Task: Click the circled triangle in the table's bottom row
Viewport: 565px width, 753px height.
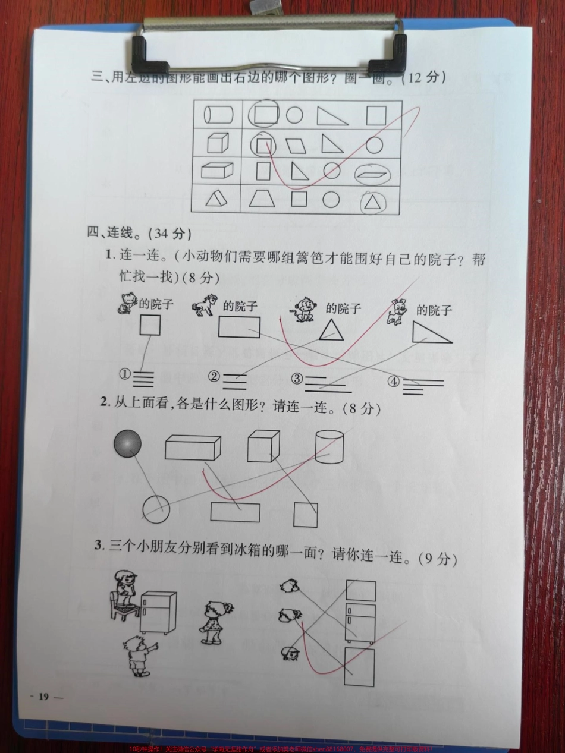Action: (x=373, y=202)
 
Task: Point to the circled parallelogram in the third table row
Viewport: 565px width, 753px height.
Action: (x=373, y=174)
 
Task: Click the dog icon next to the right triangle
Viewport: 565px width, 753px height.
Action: (x=397, y=312)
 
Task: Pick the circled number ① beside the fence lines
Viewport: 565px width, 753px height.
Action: (x=124, y=375)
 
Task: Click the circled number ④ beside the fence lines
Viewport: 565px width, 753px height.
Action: (x=393, y=382)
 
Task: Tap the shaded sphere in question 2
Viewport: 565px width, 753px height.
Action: (x=127, y=443)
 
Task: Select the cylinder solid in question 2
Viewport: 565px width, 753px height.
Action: (x=329, y=447)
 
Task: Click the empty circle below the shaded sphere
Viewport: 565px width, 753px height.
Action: (x=156, y=509)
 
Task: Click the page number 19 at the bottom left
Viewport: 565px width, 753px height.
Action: (x=43, y=697)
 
